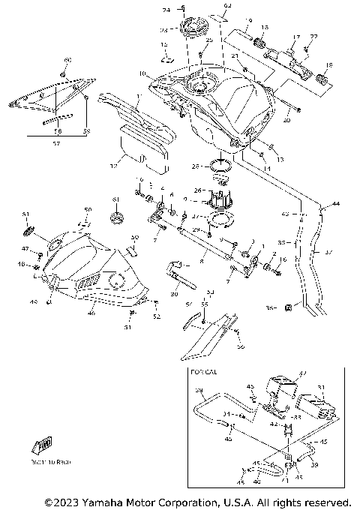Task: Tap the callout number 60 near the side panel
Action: coord(67,59)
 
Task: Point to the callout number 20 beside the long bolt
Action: coord(286,119)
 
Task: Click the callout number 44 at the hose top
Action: coord(335,204)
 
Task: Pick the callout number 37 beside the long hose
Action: coord(328,253)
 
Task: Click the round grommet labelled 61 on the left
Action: coord(116,217)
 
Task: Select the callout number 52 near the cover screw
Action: coord(157,316)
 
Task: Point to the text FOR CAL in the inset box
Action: coord(203,371)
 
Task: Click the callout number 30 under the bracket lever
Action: coord(174,295)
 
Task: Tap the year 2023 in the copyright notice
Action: coord(64,501)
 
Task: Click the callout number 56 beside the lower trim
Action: coord(241,346)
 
